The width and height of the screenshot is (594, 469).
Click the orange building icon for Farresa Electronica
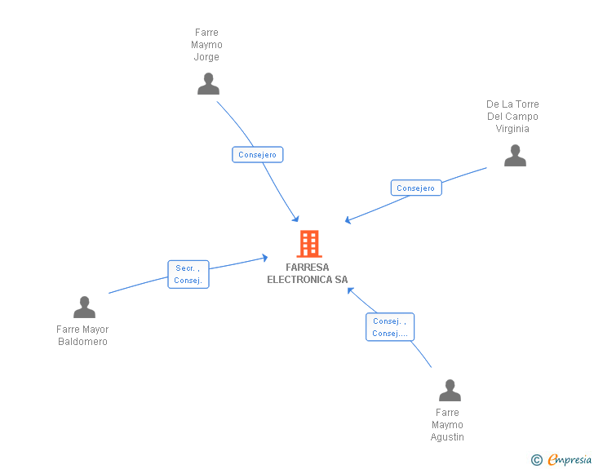(308, 244)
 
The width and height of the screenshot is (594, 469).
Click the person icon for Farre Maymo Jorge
(208, 84)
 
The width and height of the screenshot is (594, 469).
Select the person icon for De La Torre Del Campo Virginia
(515, 156)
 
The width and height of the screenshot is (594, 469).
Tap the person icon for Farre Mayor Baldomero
(84, 308)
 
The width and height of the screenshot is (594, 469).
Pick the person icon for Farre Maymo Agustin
(450, 391)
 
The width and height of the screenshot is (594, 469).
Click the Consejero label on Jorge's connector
(257, 154)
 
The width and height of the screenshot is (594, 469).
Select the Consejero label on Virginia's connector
(415, 188)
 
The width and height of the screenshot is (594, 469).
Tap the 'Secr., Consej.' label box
(188, 274)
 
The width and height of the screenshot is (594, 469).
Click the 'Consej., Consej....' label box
(389, 327)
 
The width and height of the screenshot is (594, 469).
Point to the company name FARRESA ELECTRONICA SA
(308, 273)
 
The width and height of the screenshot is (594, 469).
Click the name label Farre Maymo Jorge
(206, 45)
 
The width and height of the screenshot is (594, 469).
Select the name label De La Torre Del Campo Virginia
(512, 117)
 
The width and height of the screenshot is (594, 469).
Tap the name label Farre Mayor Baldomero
(82, 335)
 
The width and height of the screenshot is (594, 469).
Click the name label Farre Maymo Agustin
(447, 425)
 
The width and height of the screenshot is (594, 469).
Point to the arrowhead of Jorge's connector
(297, 219)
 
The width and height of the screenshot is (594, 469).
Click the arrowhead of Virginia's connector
(348, 220)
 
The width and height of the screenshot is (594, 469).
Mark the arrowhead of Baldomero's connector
(265, 258)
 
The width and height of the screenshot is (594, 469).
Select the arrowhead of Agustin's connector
(350, 290)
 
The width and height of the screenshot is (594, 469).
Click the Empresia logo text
(570, 459)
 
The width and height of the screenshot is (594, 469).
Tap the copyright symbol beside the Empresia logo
(536, 460)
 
